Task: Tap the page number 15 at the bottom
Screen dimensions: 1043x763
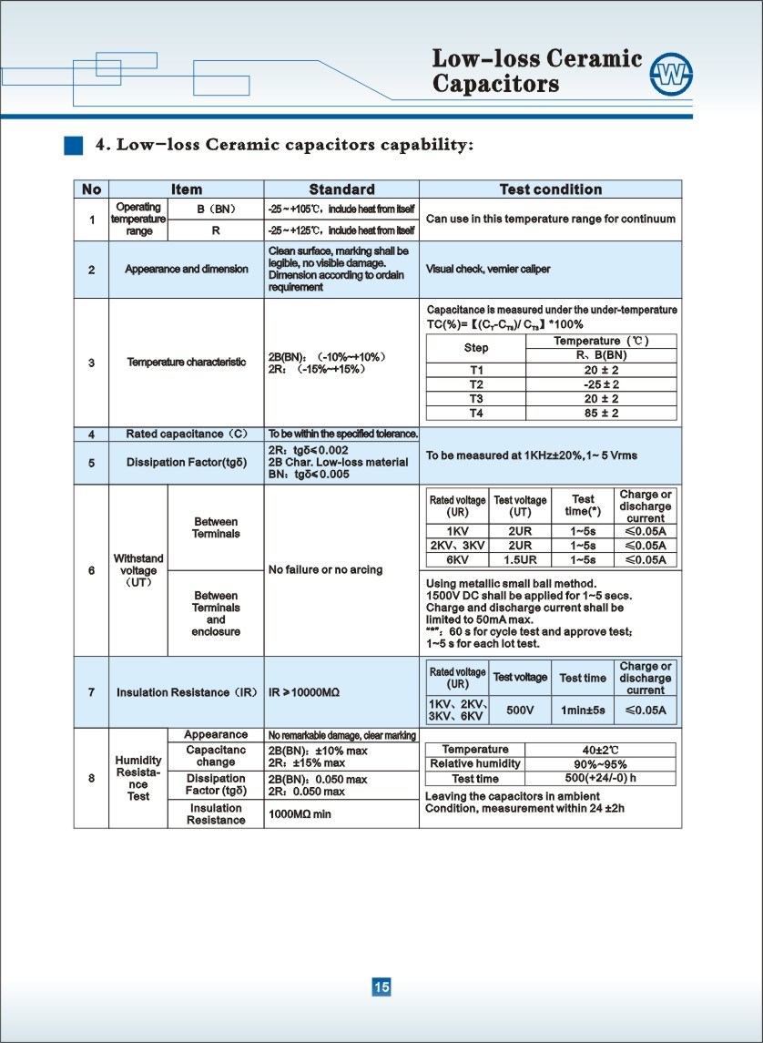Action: (x=381, y=987)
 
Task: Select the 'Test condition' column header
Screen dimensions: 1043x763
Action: (x=550, y=189)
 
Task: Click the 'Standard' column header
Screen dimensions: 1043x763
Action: (x=341, y=189)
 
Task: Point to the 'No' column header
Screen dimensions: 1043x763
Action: (x=91, y=189)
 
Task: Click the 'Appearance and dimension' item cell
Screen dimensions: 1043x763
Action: (x=187, y=270)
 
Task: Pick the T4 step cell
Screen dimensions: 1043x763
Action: (x=475, y=413)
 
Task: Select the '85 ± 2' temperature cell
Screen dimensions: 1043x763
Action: (x=601, y=413)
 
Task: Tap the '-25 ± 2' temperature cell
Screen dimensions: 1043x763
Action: (x=601, y=384)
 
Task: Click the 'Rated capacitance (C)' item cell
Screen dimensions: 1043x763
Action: (x=187, y=434)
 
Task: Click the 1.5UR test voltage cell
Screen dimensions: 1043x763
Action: (x=519, y=559)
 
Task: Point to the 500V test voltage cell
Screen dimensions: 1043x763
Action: (x=520, y=710)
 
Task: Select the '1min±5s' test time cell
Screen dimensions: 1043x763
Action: (x=583, y=710)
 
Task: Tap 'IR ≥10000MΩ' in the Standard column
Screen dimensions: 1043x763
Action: (x=304, y=693)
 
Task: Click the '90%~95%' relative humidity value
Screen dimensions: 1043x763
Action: (x=600, y=763)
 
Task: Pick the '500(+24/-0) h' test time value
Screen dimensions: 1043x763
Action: (x=600, y=778)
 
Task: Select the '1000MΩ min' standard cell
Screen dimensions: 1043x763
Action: (x=300, y=813)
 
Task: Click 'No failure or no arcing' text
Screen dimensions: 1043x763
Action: (x=325, y=570)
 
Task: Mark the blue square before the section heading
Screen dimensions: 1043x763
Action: (x=74, y=145)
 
